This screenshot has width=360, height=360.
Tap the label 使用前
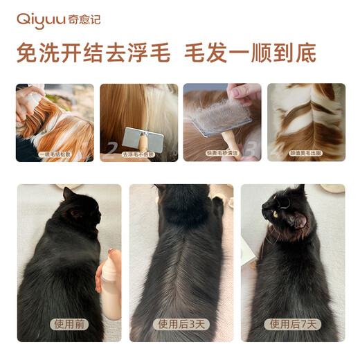click(69, 323)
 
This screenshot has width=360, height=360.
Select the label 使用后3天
click(180, 323)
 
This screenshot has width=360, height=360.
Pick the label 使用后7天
click(291, 323)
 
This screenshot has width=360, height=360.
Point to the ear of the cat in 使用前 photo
click(69, 194)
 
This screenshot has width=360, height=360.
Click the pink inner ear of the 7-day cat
click(299, 221)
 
